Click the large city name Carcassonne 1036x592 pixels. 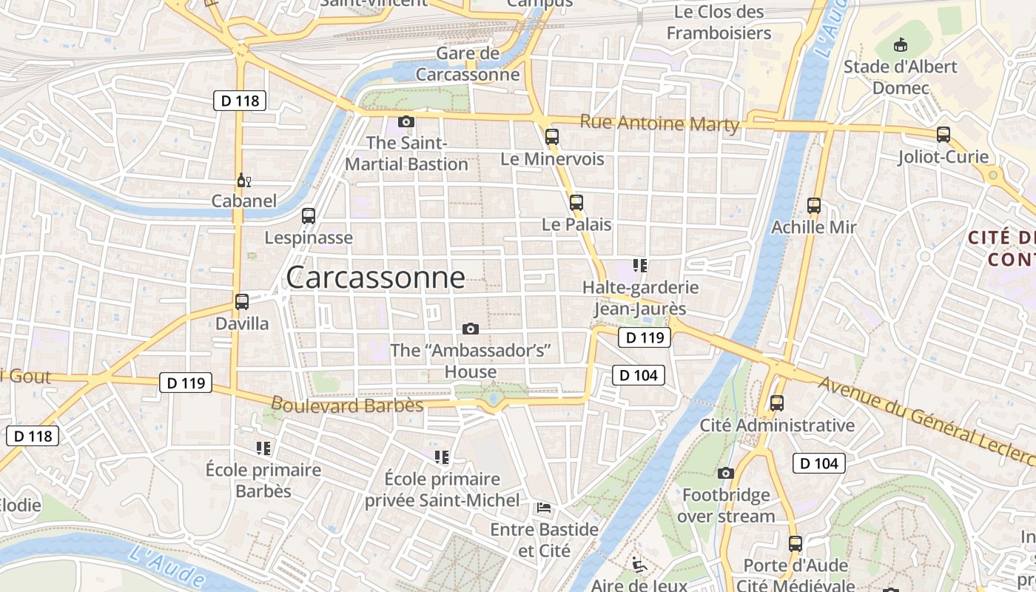[x=375, y=277]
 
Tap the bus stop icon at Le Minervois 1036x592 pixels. [x=552, y=136]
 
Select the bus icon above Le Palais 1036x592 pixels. [x=576, y=202]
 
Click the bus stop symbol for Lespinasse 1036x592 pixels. [x=309, y=216]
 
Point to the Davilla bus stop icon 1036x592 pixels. [x=242, y=302]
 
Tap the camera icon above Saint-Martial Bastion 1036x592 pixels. [x=406, y=121]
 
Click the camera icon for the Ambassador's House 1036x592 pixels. [x=470, y=329]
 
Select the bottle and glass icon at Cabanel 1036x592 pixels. [x=243, y=180]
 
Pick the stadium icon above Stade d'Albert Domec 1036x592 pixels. [x=901, y=45]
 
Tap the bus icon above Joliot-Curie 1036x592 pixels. [x=943, y=135]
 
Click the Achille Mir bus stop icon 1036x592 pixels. [x=814, y=206]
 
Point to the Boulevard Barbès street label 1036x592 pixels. [x=347, y=405]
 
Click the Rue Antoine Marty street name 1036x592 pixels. [x=659, y=123]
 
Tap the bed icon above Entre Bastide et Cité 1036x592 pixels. [x=544, y=508]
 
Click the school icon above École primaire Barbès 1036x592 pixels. [x=263, y=448]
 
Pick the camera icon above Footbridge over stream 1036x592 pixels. [x=726, y=473]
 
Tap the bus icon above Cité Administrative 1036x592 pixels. [x=777, y=403]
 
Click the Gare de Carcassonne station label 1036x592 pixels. [x=468, y=64]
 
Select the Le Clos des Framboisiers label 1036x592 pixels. [x=719, y=22]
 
